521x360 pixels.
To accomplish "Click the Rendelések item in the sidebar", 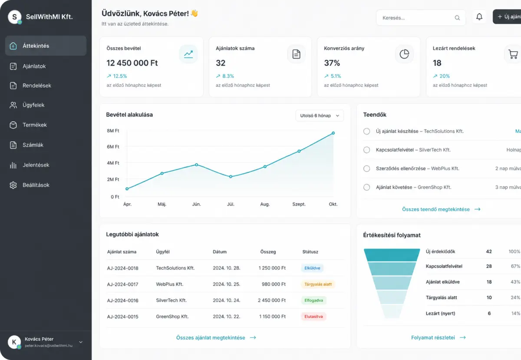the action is pos(37,86).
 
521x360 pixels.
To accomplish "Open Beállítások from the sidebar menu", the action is pos(36,185).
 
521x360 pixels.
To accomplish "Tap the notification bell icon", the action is pos(479,17).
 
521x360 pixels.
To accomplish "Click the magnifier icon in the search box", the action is pos(457,18).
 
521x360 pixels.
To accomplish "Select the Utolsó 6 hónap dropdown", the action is pos(320,116).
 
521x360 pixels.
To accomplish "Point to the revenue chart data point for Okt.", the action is pos(333,133).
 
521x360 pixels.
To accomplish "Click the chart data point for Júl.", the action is pos(231,177).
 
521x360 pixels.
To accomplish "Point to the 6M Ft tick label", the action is pos(113,147).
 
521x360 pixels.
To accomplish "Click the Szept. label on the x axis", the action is pos(299,204).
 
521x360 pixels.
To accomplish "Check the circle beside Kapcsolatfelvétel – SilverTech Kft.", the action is pos(366,150).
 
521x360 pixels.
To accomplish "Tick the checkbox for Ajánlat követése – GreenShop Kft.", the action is pos(366,187).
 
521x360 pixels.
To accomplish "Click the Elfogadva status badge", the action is pos(313,300).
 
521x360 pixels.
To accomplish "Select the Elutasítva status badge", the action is pos(313,317).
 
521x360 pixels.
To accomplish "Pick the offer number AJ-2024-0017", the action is pos(122,284).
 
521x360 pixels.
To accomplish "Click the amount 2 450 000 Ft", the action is pos(272,300).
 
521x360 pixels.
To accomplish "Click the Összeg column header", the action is pos(268,252).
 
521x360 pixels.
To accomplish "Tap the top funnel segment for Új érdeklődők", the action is pos(392,255).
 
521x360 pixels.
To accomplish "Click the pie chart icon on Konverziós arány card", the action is pos(404,54).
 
